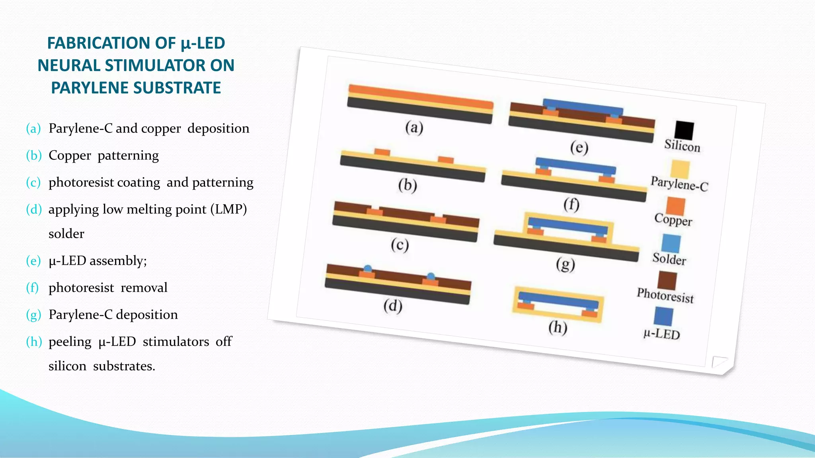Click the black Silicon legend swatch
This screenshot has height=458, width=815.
pyautogui.click(x=684, y=130)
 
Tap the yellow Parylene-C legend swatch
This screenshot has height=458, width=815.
pyautogui.click(x=680, y=169)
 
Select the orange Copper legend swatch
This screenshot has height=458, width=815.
pyautogui.click(x=676, y=206)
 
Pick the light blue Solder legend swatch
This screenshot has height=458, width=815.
pyautogui.click(x=671, y=243)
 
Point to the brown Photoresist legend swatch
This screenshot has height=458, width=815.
pyautogui.click(x=667, y=281)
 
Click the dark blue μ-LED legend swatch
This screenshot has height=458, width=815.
pyautogui.click(x=663, y=316)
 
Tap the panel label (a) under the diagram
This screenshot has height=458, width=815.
pyautogui.click(x=414, y=128)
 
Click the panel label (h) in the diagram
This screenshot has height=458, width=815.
pyautogui.click(x=558, y=328)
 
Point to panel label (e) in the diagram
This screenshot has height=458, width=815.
pyautogui.click(x=579, y=148)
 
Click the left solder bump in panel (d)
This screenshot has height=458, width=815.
pyautogui.click(x=368, y=269)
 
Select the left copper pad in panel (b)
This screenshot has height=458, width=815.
pyautogui.click(x=382, y=152)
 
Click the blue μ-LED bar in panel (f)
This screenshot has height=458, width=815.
pyautogui.click(x=575, y=166)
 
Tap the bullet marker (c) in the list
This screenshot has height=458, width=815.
pyautogui.click(x=33, y=182)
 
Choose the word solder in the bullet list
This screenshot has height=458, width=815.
pyautogui.click(x=66, y=234)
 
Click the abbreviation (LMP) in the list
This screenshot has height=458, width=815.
pyautogui.click(x=228, y=209)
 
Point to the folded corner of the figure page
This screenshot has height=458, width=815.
pyautogui.click(x=719, y=362)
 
